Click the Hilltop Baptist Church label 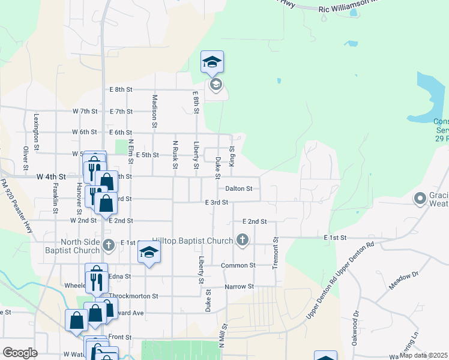pos(192,241)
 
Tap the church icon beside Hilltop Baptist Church pos(243,241)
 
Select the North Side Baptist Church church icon pos(109,244)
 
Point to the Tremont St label pos(276,253)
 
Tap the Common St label pos(238,265)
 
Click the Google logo pos(20,353)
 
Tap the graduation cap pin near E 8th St pos(212,62)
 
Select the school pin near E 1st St pos(149,253)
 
